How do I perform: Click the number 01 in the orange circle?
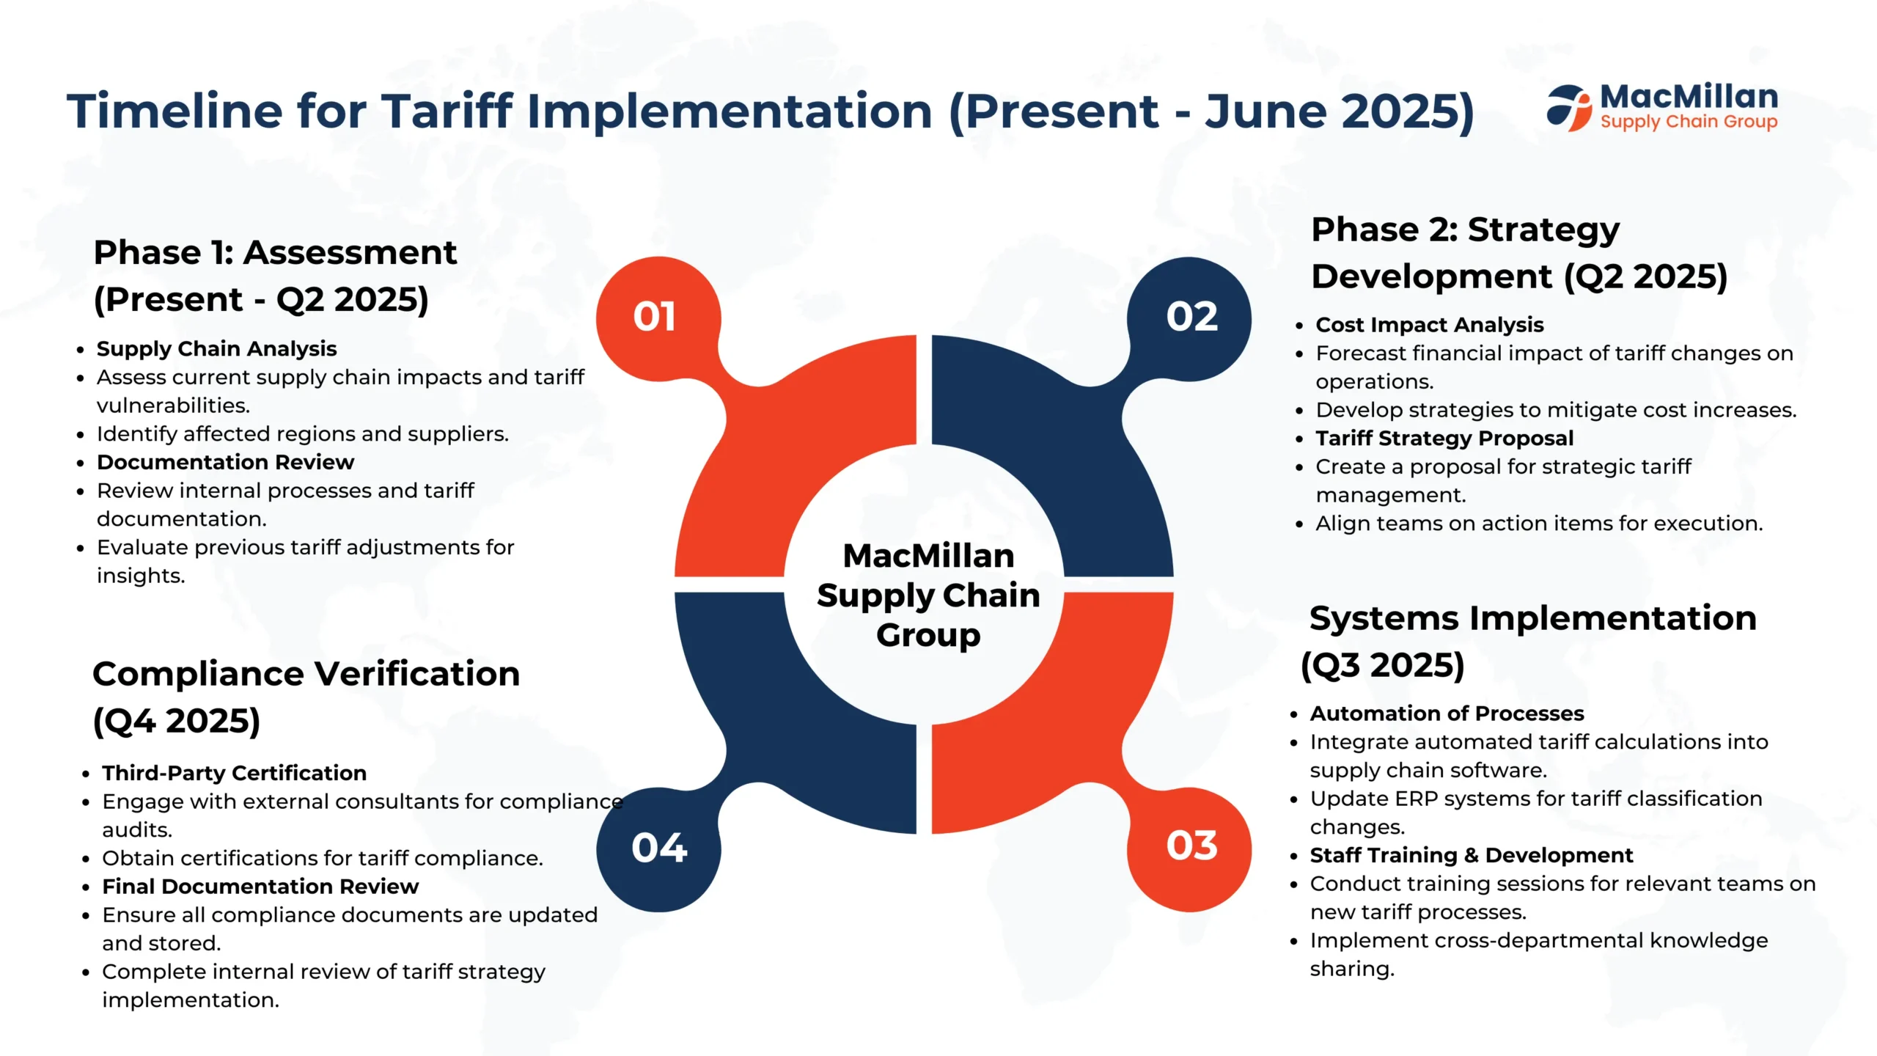pos(654,317)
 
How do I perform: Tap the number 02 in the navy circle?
pos(1192,317)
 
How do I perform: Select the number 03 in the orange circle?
pos(1192,846)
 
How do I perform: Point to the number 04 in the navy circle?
pos(659,848)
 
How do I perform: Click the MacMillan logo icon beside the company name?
pos(1569,108)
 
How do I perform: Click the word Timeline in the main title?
pos(175,111)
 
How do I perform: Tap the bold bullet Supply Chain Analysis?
pos(216,348)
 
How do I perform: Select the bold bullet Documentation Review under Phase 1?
pos(225,462)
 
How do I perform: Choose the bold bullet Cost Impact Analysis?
pos(1430,324)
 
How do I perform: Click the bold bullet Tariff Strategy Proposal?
pos(1444,438)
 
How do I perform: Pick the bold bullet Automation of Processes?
pos(1447,713)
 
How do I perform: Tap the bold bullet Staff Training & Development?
pos(1472,855)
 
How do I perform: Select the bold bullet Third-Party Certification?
pos(234,773)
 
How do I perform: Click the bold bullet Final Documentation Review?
pos(260,887)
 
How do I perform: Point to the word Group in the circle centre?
pos(928,635)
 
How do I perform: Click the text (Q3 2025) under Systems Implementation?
pos(1383,666)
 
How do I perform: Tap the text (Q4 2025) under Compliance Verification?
pos(177,721)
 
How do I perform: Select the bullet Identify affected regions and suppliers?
pos(302,434)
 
